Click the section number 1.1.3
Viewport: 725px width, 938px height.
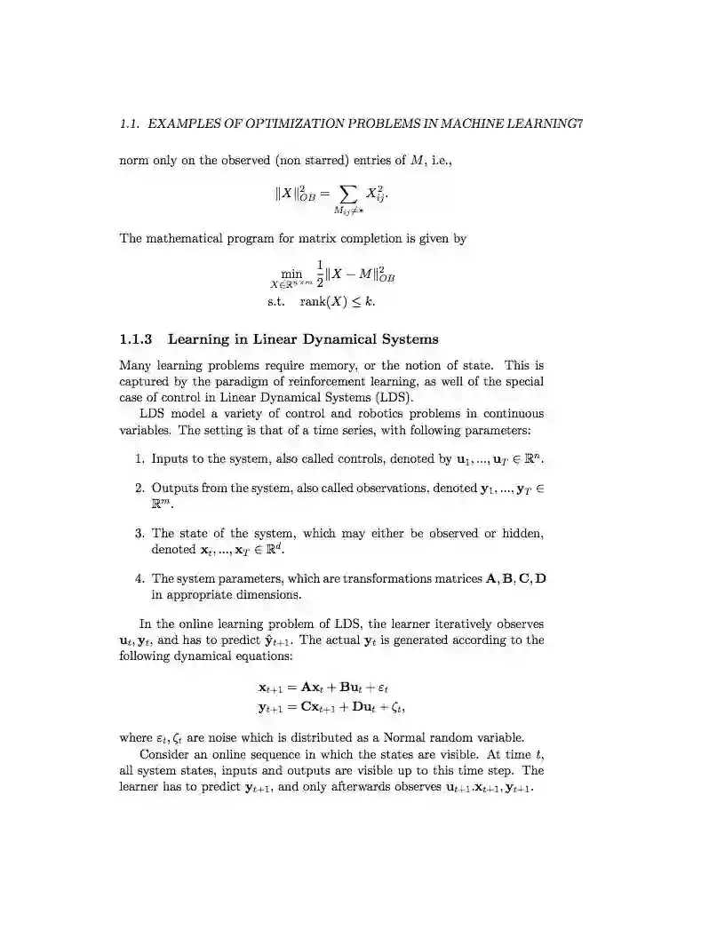click(136, 339)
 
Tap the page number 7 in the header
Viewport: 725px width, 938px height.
click(579, 124)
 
